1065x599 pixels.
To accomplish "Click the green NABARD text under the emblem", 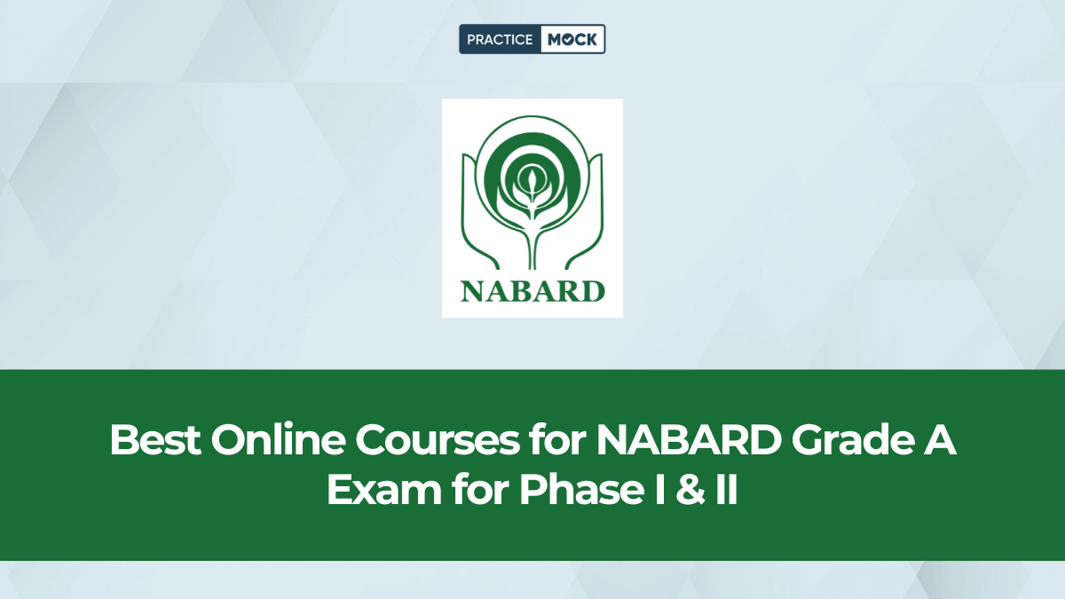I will (x=532, y=290).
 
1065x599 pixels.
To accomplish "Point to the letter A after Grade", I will (x=939, y=441).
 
